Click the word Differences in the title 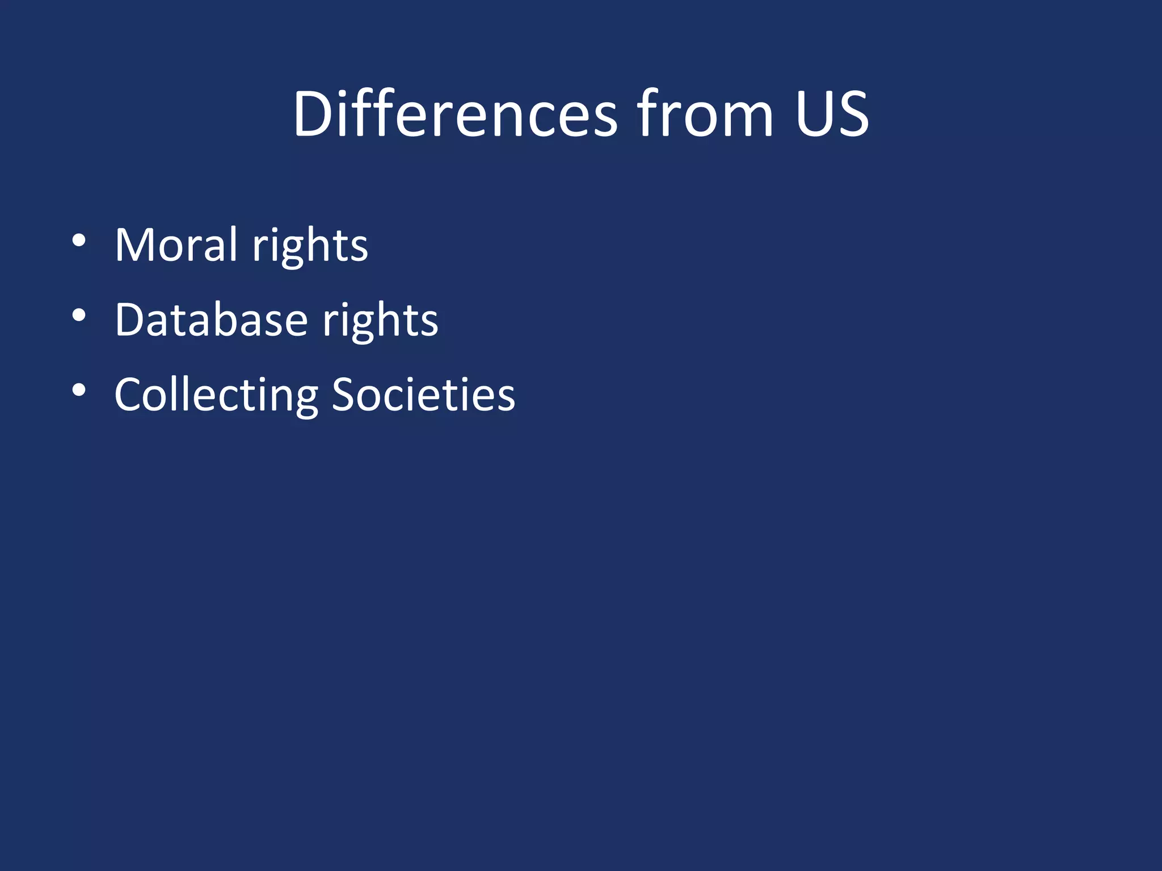coord(454,115)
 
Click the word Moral coord(176,246)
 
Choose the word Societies coord(423,395)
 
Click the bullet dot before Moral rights coord(79,240)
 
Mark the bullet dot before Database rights coord(79,315)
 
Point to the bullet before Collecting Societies coord(79,390)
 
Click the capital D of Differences coord(313,115)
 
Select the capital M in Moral coord(134,246)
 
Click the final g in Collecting coord(306,400)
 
